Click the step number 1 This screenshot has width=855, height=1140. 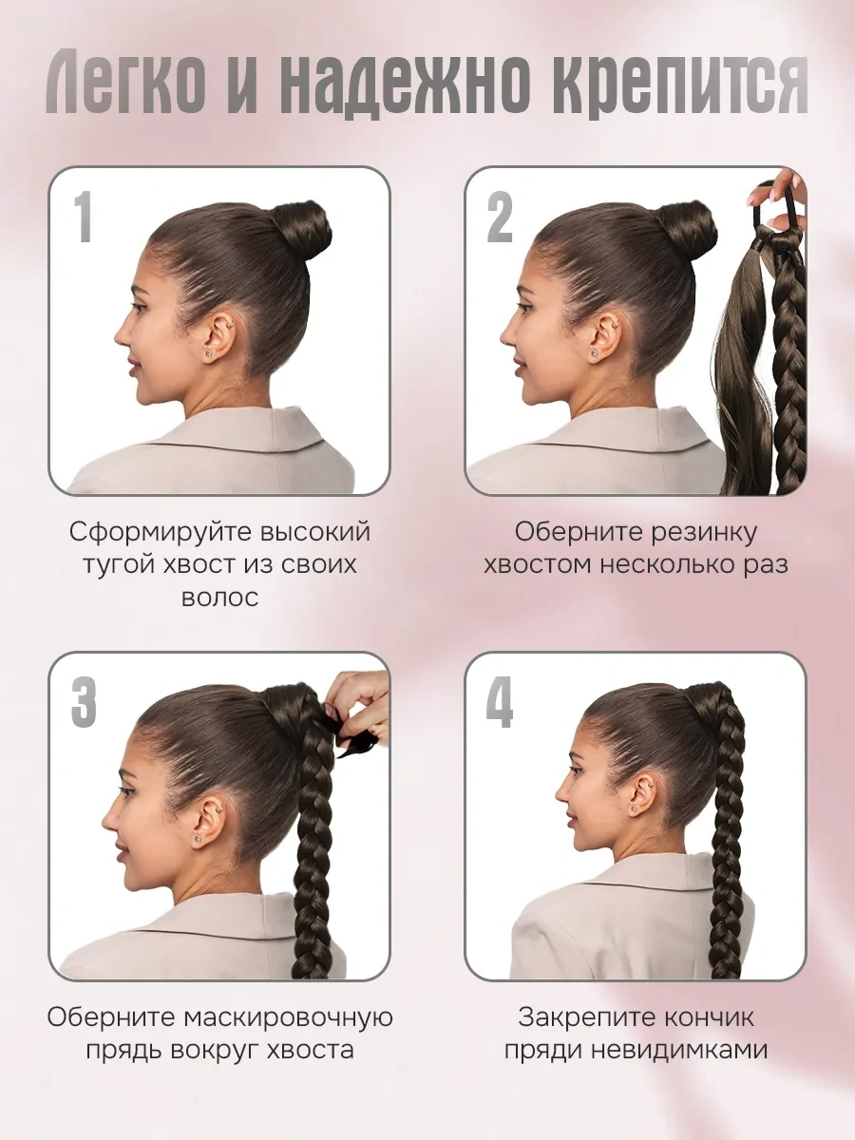point(84,216)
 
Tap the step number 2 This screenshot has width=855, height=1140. point(500,216)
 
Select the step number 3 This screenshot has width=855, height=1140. point(84,702)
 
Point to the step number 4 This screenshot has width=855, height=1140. point(500,702)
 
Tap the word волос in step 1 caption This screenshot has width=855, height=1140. point(218,598)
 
